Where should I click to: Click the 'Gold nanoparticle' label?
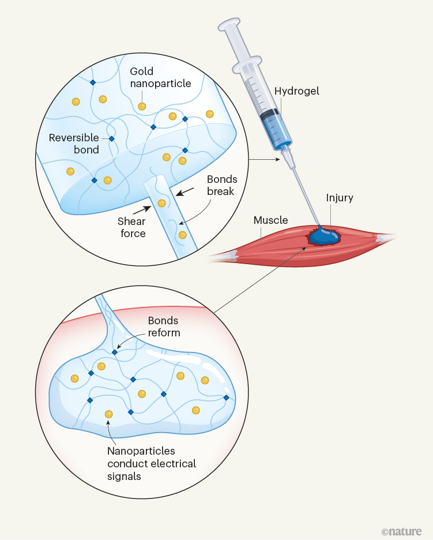[160, 77]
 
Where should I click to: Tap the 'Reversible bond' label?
[73, 144]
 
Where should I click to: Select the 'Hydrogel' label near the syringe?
[296, 91]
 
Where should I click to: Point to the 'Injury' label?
[340, 198]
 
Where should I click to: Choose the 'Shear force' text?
[131, 228]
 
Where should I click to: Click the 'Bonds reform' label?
[164, 327]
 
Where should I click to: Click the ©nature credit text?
[401, 531]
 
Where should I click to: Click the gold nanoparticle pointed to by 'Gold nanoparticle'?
[141, 106]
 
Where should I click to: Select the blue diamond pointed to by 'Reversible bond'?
[112, 138]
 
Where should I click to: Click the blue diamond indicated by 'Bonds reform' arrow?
[115, 352]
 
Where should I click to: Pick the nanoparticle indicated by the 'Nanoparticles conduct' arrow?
[108, 414]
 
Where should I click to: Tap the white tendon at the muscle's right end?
[383, 237]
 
